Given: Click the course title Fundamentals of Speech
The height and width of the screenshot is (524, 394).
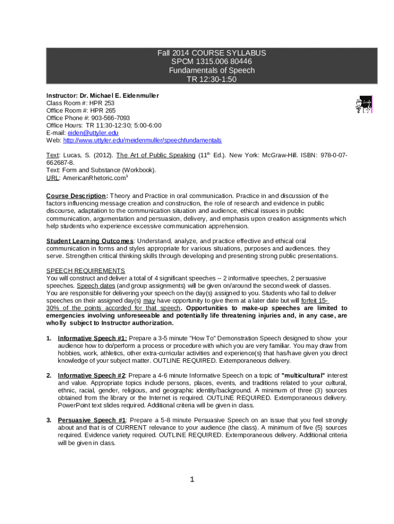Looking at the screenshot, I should point(212,70).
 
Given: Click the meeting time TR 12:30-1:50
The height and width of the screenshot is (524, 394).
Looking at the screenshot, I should point(212,79).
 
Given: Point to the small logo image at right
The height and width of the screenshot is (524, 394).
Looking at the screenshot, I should point(363,105).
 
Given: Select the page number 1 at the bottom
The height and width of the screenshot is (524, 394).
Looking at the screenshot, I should point(192,479).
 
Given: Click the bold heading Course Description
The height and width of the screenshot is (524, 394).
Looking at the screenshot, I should point(77,196).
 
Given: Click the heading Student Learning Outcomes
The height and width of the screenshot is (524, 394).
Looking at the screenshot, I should point(90,241).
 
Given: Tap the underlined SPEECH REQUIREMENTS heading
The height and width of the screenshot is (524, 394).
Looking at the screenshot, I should point(85,270).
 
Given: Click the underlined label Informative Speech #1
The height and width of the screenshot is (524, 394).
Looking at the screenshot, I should point(92,338).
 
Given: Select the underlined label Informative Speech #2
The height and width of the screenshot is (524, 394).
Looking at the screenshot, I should point(92,376).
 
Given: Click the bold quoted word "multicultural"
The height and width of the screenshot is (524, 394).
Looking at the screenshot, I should point(303,376).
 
